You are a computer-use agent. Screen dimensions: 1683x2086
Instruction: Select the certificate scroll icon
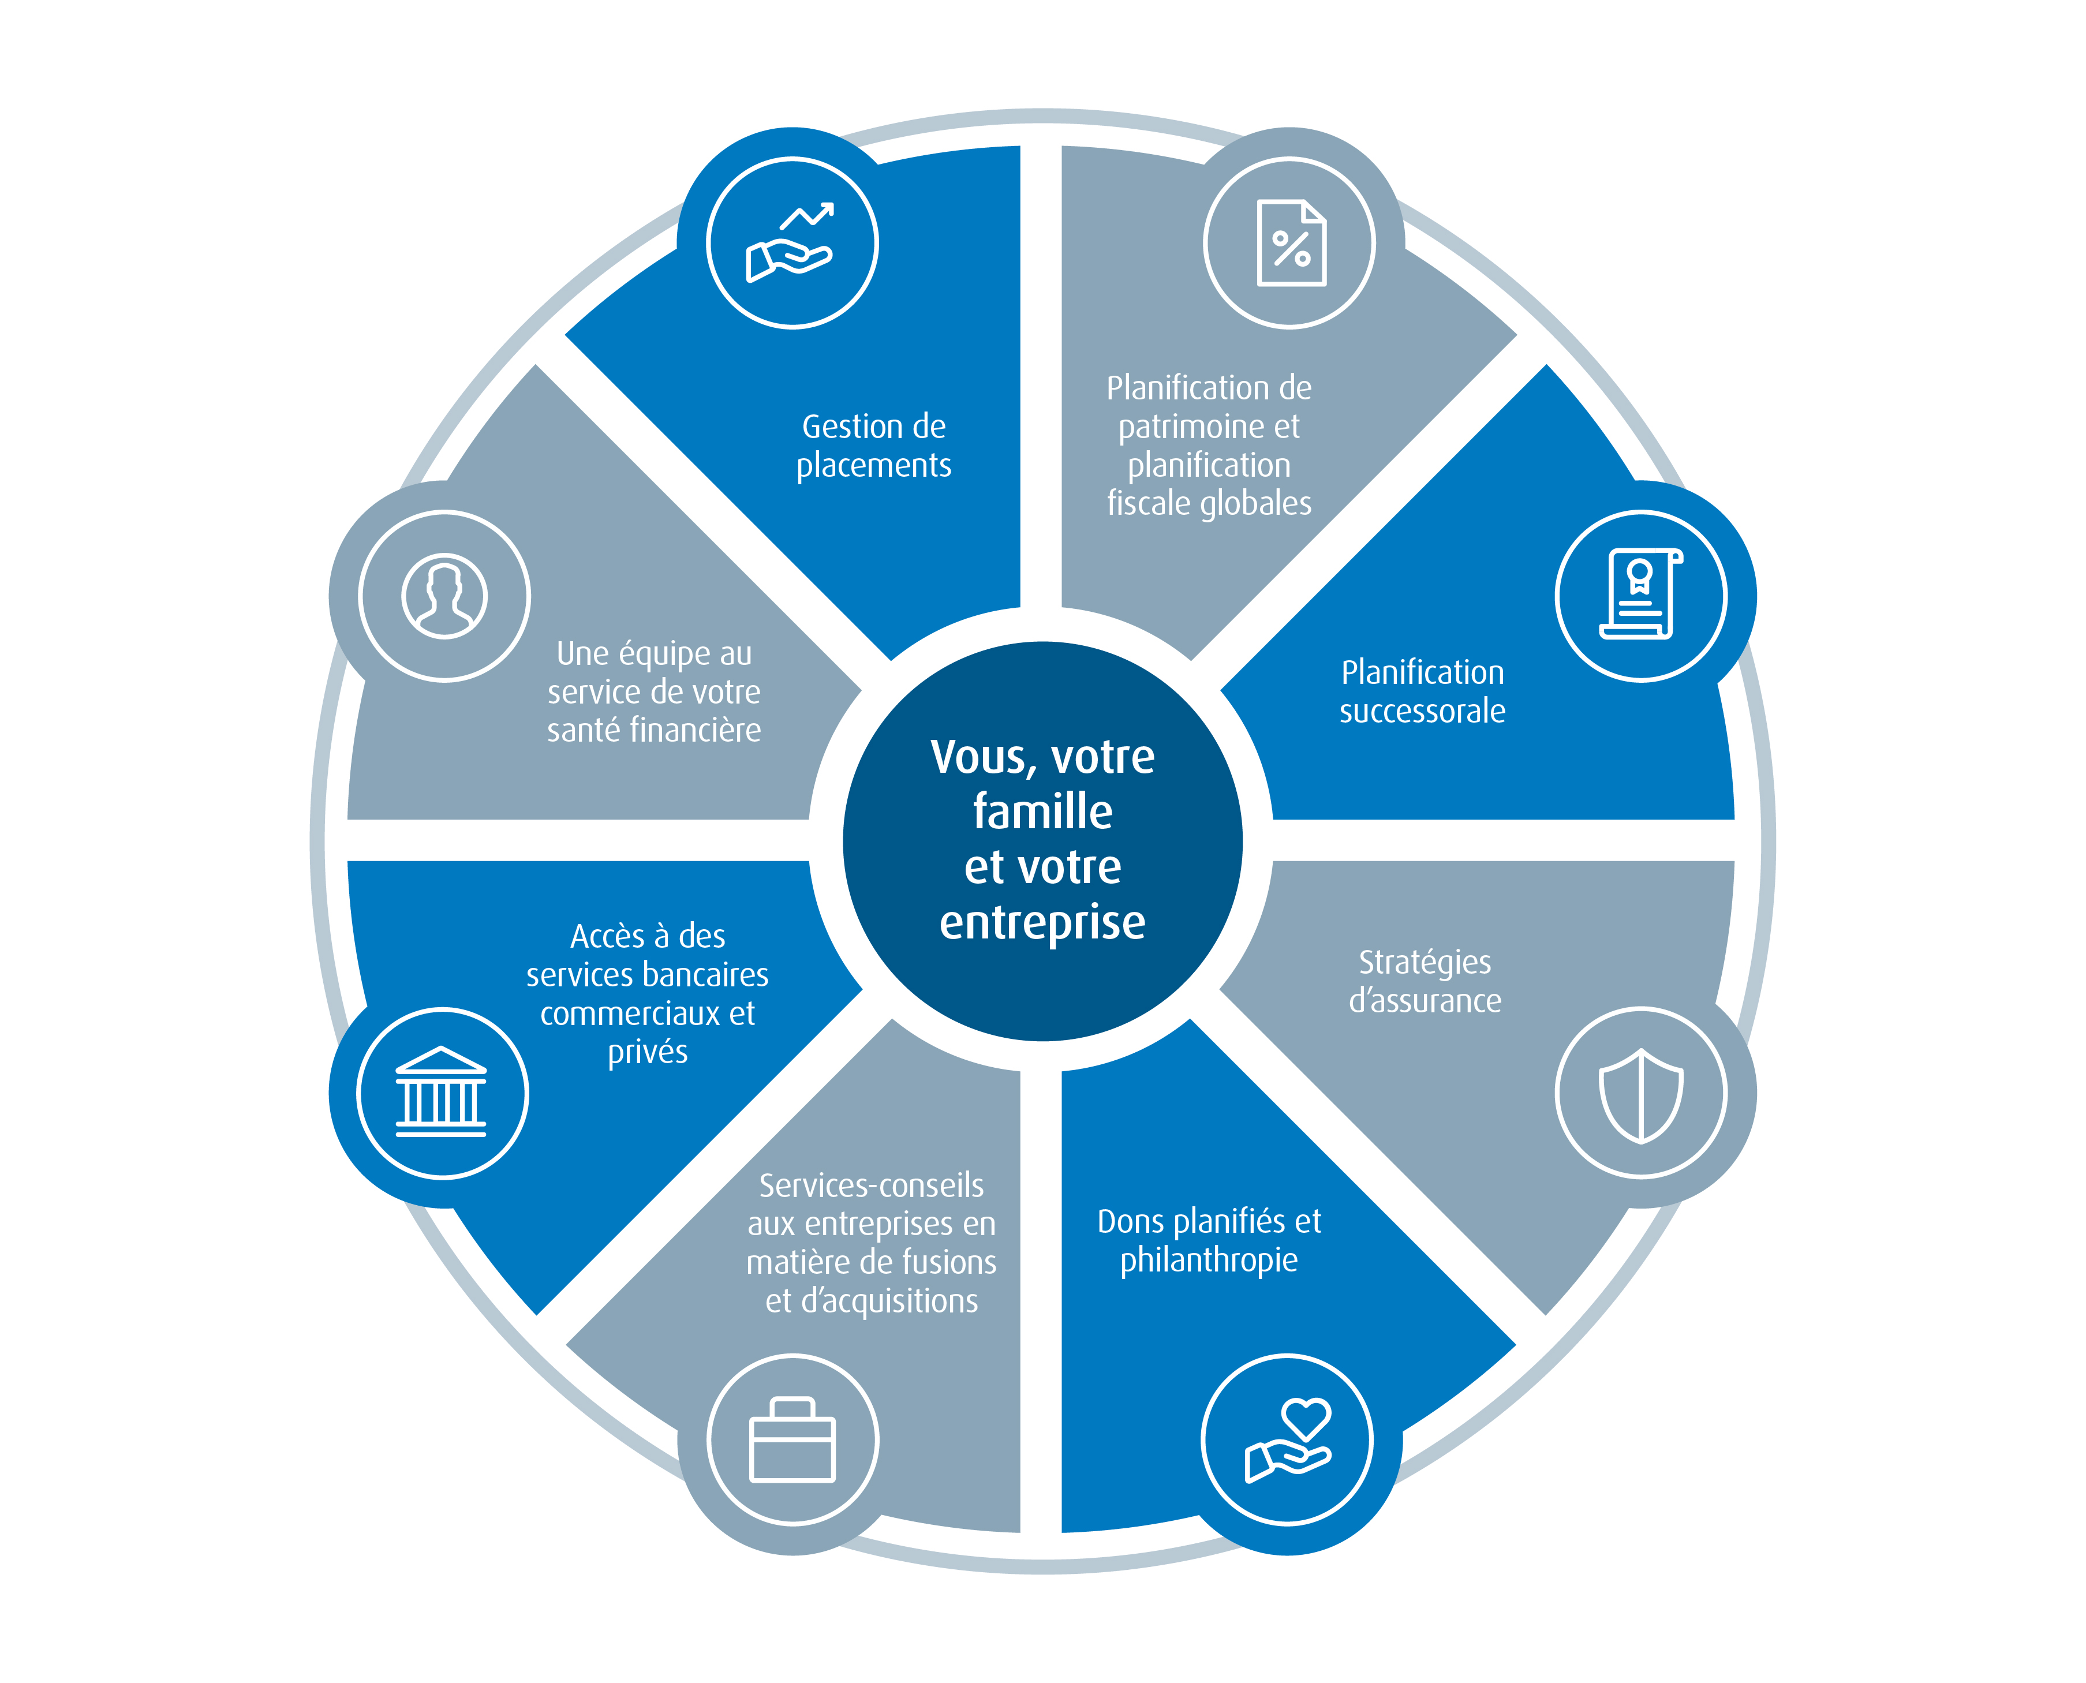click(1640, 595)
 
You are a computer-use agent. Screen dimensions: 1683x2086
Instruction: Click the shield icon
click(1640, 1094)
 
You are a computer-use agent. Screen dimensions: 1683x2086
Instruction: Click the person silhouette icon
click(444, 595)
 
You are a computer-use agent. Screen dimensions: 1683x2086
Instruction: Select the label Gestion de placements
click(873, 446)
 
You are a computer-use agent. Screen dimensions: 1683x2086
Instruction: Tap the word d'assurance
click(1425, 1000)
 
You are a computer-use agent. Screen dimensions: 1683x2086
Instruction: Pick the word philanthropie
click(1209, 1261)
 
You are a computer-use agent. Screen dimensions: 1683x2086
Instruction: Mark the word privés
click(648, 1052)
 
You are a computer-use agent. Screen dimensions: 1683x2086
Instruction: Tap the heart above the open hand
click(1306, 1418)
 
